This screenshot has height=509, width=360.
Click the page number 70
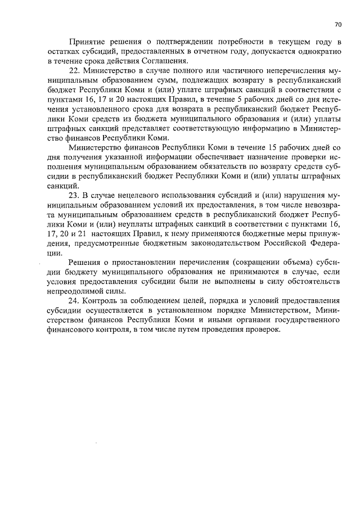point(337,24)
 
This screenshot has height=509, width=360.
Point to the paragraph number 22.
point(74,71)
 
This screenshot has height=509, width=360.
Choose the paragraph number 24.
point(74,301)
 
